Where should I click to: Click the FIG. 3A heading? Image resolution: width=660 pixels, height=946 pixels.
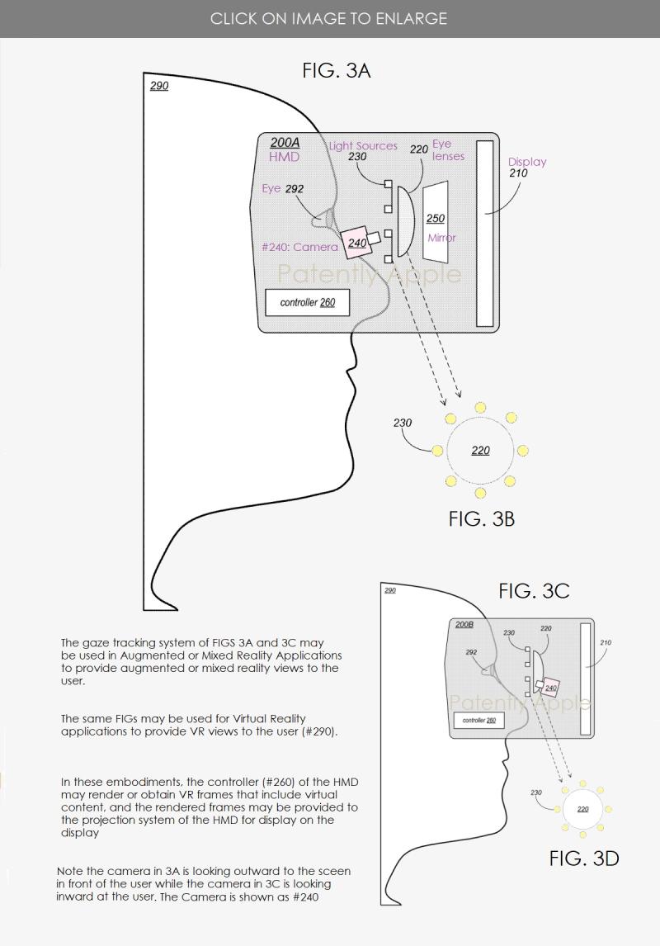[x=336, y=71]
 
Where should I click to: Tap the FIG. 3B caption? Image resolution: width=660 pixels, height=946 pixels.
[x=481, y=518]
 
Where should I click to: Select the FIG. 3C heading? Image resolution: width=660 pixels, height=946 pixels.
[x=533, y=591]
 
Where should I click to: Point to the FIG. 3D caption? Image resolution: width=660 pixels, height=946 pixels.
[x=583, y=858]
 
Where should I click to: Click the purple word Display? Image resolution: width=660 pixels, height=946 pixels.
[x=527, y=162]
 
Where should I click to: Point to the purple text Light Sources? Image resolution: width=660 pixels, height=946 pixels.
[x=363, y=146]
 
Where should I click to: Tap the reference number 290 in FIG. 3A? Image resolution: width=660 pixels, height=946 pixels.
[x=159, y=86]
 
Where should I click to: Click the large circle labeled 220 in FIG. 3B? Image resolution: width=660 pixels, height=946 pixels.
[x=480, y=451]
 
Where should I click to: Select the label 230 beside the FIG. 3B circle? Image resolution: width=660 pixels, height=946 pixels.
[x=403, y=423]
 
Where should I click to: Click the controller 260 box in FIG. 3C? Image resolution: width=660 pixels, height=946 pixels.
[x=478, y=721]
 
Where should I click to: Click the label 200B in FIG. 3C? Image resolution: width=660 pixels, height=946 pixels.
[x=464, y=625]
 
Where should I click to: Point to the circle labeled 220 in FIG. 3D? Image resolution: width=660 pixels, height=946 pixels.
[x=582, y=808]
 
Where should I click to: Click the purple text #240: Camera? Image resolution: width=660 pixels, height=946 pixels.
[x=299, y=247]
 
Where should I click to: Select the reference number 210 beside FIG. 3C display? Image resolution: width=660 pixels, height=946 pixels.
[x=606, y=643]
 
